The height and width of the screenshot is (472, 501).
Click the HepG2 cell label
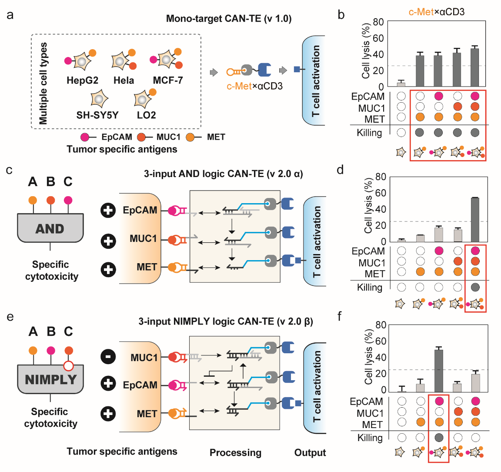click(82, 80)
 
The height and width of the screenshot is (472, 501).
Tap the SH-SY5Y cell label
click(97, 115)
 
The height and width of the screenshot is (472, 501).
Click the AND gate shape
click(50, 228)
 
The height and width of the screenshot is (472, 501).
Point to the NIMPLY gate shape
click(50, 379)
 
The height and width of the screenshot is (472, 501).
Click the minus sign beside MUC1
click(108, 357)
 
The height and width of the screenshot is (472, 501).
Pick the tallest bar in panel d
click(475, 219)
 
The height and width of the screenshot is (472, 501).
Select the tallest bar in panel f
click(439, 370)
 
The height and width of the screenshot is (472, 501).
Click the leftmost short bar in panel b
click(401, 84)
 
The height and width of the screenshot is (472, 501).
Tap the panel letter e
click(10, 316)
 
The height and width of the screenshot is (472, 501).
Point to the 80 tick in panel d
click(381, 177)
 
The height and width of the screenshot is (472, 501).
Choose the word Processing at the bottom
click(235, 453)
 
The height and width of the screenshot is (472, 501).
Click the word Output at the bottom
click(310, 453)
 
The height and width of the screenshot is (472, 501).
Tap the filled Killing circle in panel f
click(439, 438)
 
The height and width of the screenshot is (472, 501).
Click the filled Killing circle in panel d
click(475, 287)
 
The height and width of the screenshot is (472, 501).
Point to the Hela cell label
click(124, 80)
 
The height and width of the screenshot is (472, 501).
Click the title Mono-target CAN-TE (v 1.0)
click(229, 19)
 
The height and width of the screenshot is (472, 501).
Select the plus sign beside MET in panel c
click(108, 269)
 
